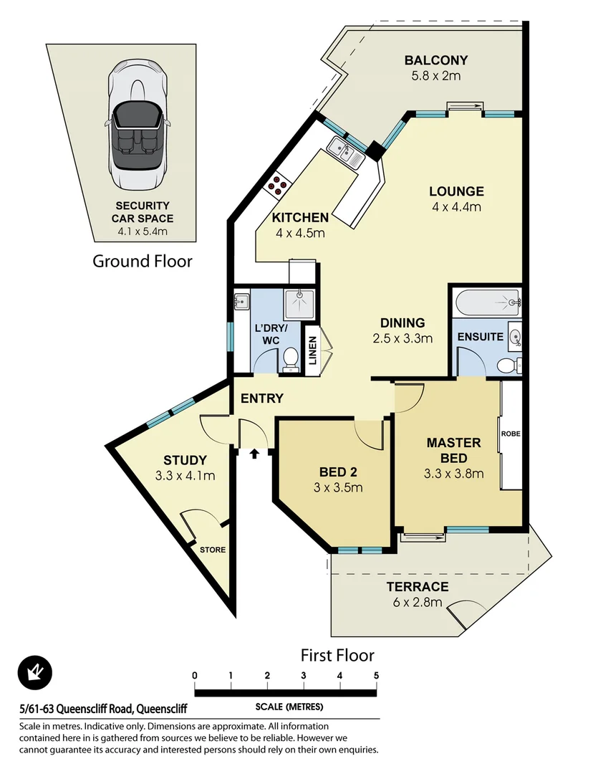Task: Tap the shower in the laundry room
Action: click(299, 305)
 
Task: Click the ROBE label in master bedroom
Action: click(511, 434)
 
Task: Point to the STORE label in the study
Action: click(213, 550)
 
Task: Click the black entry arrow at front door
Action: click(254, 453)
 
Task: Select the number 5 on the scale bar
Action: click(376, 675)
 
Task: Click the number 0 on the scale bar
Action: click(194, 675)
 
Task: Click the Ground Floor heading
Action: click(143, 261)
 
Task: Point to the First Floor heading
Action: click(337, 654)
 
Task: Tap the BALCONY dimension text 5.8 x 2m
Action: click(435, 75)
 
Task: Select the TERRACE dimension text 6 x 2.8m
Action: click(418, 602)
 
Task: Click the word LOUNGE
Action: click(456, 191)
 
